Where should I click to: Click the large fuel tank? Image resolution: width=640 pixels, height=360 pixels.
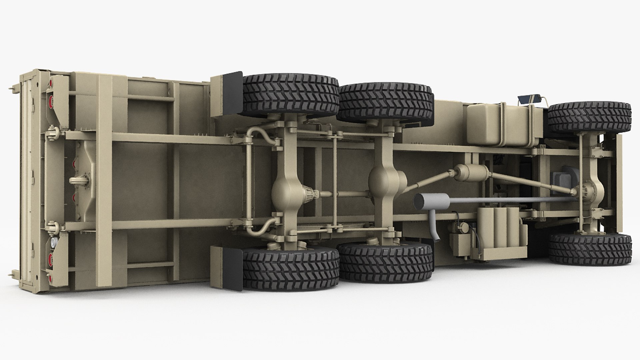point(500,125)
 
